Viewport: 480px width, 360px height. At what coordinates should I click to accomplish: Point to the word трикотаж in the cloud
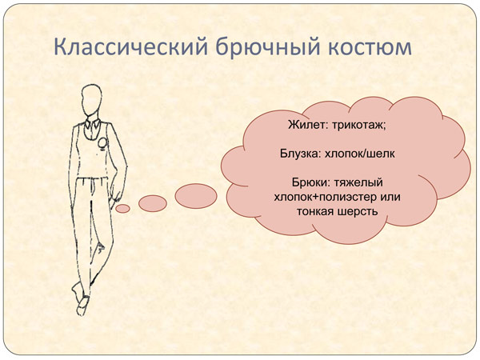(x=359, y=126)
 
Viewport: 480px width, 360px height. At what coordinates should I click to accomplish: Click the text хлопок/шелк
(x=359, y=154)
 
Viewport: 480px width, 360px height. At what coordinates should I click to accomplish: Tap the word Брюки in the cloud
(x=310, y=182)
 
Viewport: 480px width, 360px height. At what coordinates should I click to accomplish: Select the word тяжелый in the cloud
(x=358, y=182)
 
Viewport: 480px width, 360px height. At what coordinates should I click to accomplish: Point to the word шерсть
(x=358, y=211)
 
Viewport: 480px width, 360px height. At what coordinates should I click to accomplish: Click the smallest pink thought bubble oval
(x=122, y=209)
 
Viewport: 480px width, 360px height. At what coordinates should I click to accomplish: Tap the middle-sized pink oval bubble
(x=153, y=203)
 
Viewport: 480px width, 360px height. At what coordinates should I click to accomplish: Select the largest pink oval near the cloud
(x=196, y=196)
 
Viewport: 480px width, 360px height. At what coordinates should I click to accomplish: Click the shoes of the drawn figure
(x=81, y=299)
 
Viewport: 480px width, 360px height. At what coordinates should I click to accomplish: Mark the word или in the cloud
(x=390, y=197)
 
